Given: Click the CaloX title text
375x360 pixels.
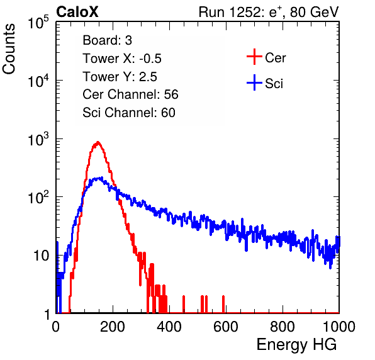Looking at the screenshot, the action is coord(77,12).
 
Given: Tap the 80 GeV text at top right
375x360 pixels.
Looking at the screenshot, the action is coord(315,12).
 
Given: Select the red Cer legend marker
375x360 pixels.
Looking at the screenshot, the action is coord(254,57).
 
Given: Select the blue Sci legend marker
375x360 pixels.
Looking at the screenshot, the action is coord(254,82).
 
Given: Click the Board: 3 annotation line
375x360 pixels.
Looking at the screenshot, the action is coord(107,40).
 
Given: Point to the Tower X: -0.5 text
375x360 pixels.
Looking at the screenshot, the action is coord(122,59).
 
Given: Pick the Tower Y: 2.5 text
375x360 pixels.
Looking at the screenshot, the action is coord(120,77).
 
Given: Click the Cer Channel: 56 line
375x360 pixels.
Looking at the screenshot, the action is coord(130,94).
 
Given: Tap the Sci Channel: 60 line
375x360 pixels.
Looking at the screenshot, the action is coord(129,113).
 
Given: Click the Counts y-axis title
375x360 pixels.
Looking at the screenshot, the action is coord(9,49).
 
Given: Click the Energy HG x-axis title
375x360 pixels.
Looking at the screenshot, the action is coord(296,344).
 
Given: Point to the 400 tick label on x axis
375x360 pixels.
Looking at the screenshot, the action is coord(169,327).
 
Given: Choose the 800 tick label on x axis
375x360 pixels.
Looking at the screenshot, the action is coord(283,327).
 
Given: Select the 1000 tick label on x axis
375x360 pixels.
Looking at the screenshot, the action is coord(339,327).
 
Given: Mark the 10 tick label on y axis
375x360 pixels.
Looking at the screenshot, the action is coord(42,256).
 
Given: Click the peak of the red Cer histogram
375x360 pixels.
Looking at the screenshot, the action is coord(98,142).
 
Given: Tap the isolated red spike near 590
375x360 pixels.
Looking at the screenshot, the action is coord(223,304).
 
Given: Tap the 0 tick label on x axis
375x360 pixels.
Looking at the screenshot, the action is coord(56,327).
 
